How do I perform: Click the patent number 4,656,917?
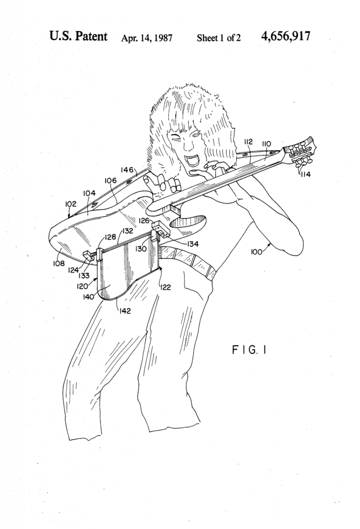tap(286, 36)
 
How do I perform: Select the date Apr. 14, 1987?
tap(147, 38)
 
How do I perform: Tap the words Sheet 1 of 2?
tap(218, 38)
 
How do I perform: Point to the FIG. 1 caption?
tap(249, 350)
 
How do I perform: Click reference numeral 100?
tap(256, 252)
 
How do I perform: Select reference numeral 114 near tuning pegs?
tap(305, 175)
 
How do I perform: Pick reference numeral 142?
tap(125, 311)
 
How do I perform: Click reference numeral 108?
tap(59, 263)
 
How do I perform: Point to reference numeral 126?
tap(144, 221)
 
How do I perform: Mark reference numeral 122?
tap(166, 287)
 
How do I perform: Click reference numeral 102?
tap(71, 204)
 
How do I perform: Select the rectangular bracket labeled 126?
tap(161, 230)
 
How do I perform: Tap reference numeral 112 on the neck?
tap(248, 142)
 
